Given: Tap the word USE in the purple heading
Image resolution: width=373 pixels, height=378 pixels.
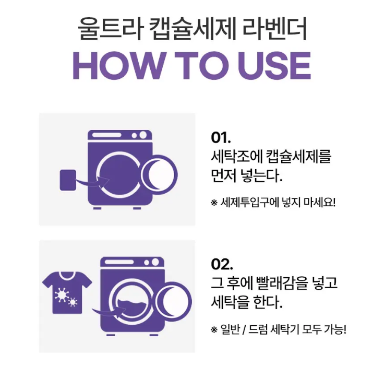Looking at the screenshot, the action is (x=274, y=66).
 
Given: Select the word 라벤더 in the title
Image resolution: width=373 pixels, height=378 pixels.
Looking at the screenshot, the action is (x=274, y=28).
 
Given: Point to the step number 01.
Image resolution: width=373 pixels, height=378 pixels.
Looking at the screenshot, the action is (x=221, y=138).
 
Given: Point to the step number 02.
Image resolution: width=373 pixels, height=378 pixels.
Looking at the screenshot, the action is (x=222, y=265).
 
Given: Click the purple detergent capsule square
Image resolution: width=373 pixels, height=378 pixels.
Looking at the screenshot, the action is (x=68, y=180).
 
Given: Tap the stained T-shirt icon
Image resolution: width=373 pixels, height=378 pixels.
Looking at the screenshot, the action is (x=67, y=292).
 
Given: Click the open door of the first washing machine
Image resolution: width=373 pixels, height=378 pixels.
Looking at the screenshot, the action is (x=160, y=175).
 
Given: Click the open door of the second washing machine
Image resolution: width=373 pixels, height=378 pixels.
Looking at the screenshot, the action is (x=174, y=302).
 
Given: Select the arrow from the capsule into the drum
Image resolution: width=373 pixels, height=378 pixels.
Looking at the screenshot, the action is (x=91, y=182).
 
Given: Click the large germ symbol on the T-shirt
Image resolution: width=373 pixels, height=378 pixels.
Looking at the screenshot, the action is (x=61, y=294).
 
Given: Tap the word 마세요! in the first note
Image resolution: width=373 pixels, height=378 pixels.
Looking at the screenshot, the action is (x=320, y=202).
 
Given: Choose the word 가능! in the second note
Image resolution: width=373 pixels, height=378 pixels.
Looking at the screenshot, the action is (x=335, y=329).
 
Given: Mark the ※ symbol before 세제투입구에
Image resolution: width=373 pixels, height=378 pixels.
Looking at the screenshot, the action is (x=214, y=203).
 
